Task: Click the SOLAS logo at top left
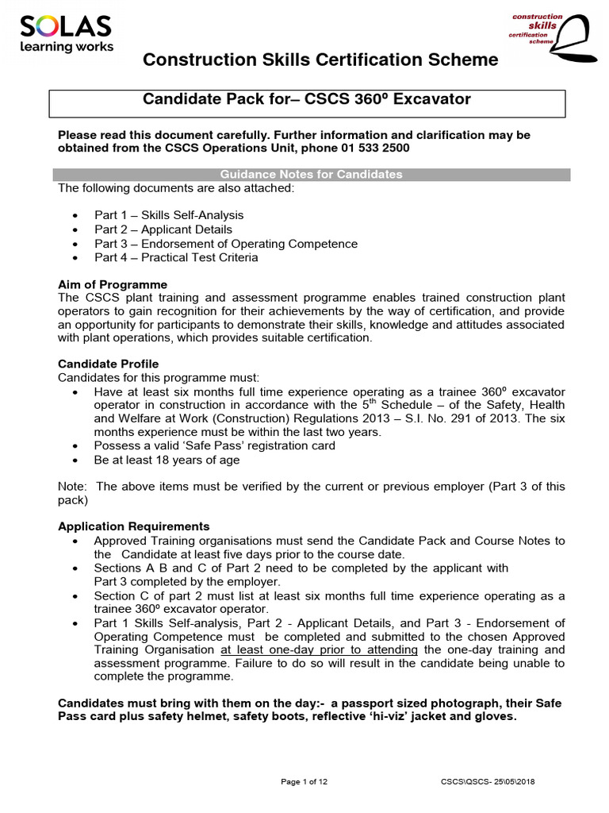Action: click(x=65, y=29)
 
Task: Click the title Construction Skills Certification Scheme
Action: click(x=320, y=60)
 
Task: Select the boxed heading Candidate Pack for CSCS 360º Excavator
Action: click(x=306, y=99)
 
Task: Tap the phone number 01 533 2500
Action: click(x=372, y=148)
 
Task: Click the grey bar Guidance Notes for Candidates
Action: click(x=310, y=174)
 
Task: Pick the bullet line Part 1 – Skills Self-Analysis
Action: click(x=169, y=215)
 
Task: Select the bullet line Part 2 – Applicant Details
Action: click(x=163, y=229)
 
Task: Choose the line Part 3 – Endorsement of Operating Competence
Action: click(x=226, y=244)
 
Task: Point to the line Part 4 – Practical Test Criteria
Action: click(x=176, y=258)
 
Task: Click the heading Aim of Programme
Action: click(x=113, y=284)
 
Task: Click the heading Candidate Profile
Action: click(x=108, y=364)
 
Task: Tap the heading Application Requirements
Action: click(x=134, y=526)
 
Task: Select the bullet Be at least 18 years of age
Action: click(x=167, y=460)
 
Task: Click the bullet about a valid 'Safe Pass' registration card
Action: click(x=214, y=445)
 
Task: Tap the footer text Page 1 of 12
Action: click(x=304, y=782)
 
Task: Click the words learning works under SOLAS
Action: click(x=67, y=47)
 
